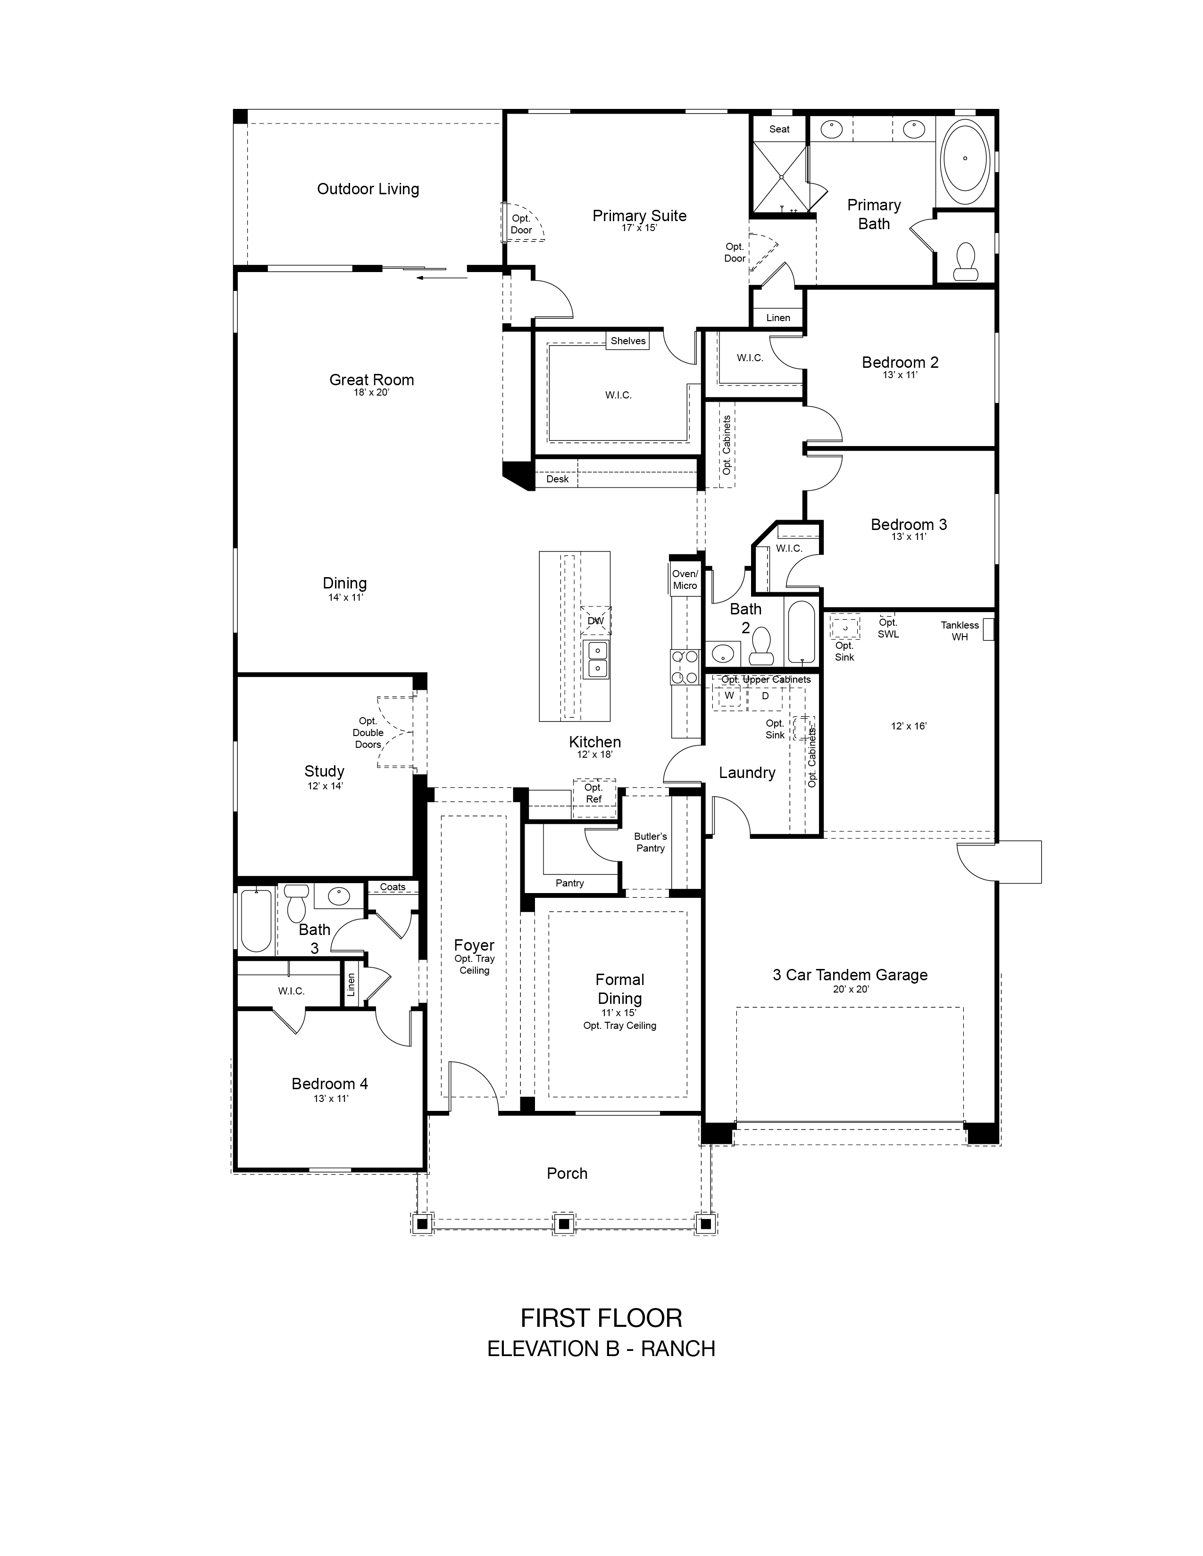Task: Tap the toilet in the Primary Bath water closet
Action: tap(966, 262)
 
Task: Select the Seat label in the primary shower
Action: tap(779, 129)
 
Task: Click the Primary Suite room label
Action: tap(639, 216)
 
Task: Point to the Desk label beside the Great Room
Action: tap(557, 479)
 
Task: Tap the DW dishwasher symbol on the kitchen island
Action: tap(595, 621)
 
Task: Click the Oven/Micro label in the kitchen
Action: tap(685, 579)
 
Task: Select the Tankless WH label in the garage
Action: tap(959, 630)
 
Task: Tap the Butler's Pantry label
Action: tap(650, 842)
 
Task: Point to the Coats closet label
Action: tap(393, 887)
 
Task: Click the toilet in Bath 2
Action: tap(761, 646)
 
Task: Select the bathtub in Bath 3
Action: tap(256, 920)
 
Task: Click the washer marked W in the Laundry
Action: tap(728, 696)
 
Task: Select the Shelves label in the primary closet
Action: tap(628, 340)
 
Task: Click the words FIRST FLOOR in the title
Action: tap(601, 1318)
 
